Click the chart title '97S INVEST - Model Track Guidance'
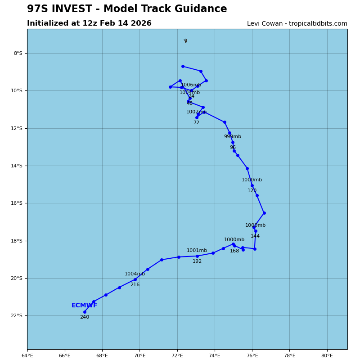(x=127, y=9)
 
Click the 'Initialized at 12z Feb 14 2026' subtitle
(x=89, y=23)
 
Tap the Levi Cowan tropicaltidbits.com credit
(x=297, y=24)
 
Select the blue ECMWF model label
(x=84, y=306)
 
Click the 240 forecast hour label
(x=85, y=317)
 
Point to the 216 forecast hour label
(x=135, y=285)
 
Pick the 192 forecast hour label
(x=197, y=261)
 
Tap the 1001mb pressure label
(x=197, y=251)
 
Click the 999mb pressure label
(x=233, y=137)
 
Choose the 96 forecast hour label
(x=233, y=148)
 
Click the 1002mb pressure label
(x=196, y=112)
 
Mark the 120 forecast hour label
(x=252, y=191)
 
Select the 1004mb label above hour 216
(x=135, y=274)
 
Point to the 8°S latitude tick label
(x=18, y=53)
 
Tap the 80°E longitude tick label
(x=327, y=355)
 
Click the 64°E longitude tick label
(x=27, y=355)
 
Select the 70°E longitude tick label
(x=139, y=355)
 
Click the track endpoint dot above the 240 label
(x=85, y=312)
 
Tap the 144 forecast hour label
(x=255, y=236)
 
